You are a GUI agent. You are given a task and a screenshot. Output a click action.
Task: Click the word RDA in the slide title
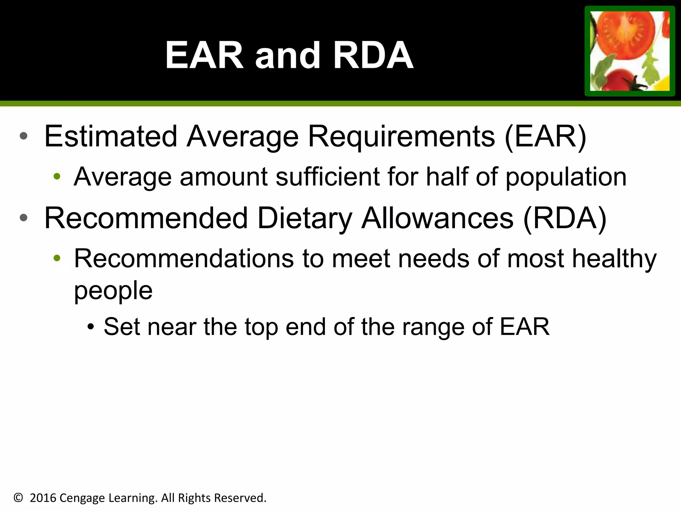[x=373, y=56]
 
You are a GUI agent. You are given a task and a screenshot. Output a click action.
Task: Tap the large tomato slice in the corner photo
[x=625, y=33]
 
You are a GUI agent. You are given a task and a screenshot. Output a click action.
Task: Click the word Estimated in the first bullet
[x=110, y=136]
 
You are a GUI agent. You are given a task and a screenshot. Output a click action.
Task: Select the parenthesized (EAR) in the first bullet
[x=545, y=136]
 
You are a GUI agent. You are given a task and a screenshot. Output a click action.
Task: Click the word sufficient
[x=328, y=177]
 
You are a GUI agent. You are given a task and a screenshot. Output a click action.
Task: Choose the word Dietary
[x=304, y=219]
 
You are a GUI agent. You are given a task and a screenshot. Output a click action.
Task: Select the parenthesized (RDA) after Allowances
[x=565, y=218]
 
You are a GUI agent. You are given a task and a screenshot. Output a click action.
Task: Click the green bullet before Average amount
[x=57, y=176]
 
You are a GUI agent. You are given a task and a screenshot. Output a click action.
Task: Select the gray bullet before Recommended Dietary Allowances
[x=23, y=218]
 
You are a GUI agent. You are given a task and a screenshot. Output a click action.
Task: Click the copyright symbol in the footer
[x=18, y=498]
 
